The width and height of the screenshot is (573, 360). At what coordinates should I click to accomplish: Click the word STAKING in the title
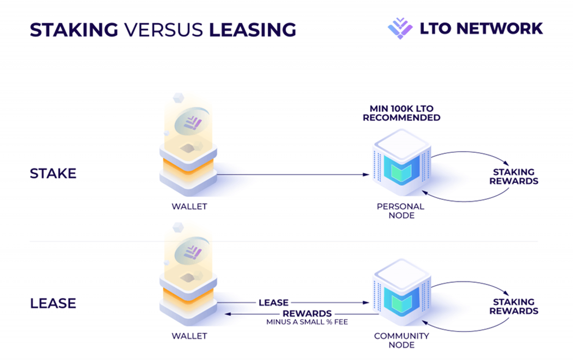click(74, 30)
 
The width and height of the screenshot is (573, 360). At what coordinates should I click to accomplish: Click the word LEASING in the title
click(253, 30)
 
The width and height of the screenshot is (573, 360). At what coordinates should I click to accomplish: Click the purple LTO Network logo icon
click(400, 28)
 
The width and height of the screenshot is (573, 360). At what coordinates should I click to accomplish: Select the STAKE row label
click(53, 174)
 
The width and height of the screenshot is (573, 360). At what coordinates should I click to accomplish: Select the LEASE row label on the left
click(53, 304)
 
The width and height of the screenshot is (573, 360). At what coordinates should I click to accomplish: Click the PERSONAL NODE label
click(401, 211)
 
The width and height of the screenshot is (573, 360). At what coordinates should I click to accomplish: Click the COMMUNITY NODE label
click(401, 340)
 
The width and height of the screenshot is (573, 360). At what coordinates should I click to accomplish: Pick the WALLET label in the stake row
click(189, 207)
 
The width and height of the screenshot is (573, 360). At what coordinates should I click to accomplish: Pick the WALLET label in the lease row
click(189, 336)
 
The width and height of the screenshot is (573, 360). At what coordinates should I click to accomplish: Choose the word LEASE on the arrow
click(273, 303)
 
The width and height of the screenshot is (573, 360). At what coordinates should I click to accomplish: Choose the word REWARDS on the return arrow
click(307, 313)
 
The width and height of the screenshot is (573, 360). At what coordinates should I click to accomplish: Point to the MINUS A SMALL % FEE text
click(307, 322)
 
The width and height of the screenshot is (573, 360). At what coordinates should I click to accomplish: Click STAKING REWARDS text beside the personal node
click(514, 177)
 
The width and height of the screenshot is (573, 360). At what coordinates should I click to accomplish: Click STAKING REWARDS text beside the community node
click(514, 307)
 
